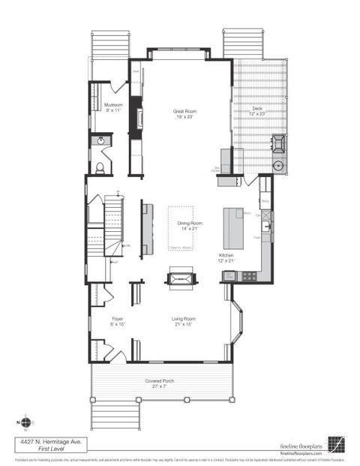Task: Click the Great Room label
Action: tap(184, 113)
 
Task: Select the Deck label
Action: tap(257, 110)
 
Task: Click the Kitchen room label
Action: tap(226, 257)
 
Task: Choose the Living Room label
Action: tap(184, 320)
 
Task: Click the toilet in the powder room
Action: tap(99, 167)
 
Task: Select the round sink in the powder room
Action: tap(99, 140)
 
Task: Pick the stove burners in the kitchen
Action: tap(249, 276)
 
